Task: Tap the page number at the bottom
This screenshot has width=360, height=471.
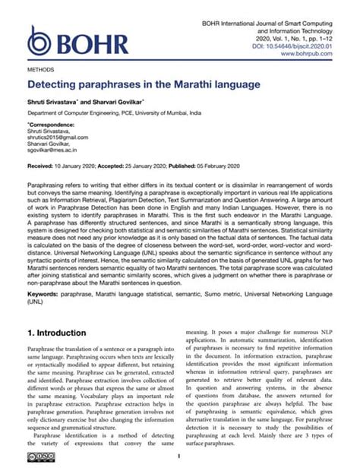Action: (178, 456)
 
